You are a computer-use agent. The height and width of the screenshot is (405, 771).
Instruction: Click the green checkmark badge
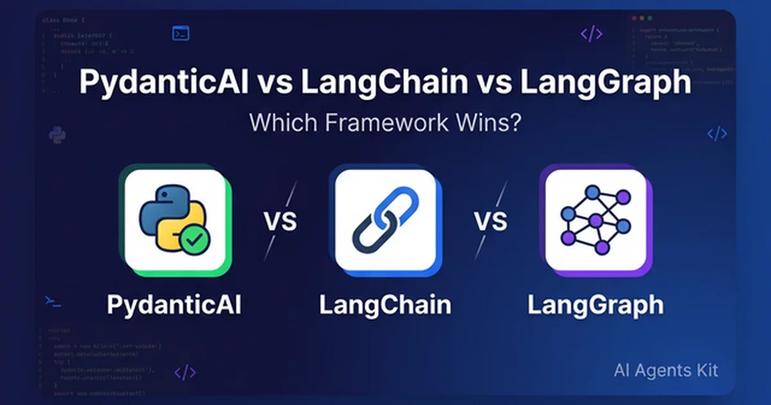coord(195,241)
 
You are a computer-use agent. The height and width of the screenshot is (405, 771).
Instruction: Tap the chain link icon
coord(385,220)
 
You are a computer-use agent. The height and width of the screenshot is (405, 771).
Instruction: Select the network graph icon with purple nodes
coord(595,220)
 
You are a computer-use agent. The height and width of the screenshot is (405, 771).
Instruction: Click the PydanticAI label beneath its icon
coord(174,305)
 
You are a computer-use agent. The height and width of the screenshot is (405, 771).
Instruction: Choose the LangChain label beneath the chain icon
coord(385,305)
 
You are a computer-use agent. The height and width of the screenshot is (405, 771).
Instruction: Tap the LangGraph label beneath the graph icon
coord(595,305)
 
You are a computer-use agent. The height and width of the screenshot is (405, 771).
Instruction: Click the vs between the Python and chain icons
coord(280,221)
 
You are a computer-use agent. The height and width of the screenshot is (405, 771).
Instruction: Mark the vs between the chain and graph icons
coord(491,221)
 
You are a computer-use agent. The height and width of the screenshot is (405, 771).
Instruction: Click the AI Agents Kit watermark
coord(666,370)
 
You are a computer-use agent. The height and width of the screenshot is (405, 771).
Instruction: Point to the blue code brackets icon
coord(717,134)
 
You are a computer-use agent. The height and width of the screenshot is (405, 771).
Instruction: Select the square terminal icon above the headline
coord(181,33)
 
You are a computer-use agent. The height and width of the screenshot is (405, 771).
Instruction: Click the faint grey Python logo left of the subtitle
coord(57,135)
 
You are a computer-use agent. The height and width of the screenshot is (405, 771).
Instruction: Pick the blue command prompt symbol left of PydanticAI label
coord(53,300)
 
